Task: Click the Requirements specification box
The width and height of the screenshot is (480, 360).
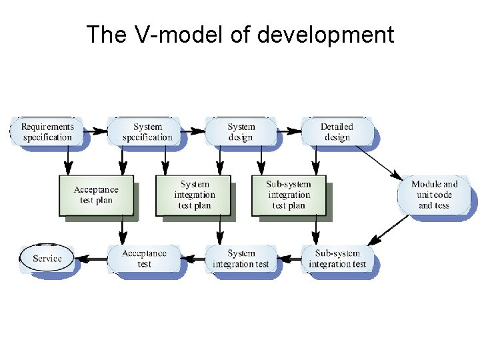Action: point(47,131)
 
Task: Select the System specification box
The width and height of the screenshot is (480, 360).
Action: point(147,131)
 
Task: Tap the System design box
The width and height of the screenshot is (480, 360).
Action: point(241,131)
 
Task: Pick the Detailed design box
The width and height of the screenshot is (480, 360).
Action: point(337,131)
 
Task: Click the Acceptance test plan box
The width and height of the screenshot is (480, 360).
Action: point(96,195)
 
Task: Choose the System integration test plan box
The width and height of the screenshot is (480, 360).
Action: point(194,195)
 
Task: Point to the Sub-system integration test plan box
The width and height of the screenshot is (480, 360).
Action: point(289,195)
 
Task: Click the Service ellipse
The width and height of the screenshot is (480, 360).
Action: point(47,258)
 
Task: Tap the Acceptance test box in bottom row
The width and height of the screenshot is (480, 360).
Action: point(144,258)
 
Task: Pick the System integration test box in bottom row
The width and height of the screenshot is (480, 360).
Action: point(241,258)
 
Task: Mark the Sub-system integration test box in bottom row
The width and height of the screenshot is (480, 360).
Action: point(337,258)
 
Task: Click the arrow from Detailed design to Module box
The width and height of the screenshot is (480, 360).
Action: point(378,161)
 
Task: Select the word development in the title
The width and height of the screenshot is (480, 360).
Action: point(325,35)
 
